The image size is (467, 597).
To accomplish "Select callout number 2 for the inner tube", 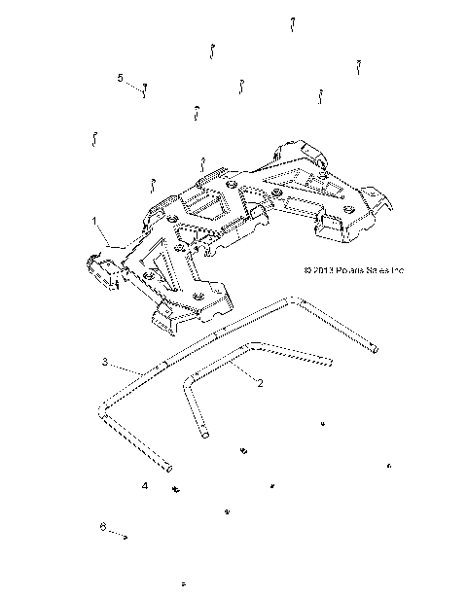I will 260,383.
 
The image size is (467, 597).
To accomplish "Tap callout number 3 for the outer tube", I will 104,362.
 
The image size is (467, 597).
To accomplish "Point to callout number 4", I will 145,483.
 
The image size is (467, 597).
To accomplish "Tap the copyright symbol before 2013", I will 307,271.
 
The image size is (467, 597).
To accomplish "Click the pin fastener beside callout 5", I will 145,90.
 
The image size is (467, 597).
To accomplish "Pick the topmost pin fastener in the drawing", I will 292,22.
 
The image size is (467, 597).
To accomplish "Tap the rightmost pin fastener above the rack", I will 359,66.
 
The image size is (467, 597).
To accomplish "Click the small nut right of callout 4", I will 177,487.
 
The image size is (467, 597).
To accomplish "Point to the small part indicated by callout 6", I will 126,535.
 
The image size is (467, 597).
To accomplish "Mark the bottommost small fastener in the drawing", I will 183,582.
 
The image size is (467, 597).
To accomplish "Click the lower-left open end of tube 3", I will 166,465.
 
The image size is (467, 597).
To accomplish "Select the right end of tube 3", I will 377,349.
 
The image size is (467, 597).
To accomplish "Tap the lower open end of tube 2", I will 206,437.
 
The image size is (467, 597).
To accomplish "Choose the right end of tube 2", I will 330,364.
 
